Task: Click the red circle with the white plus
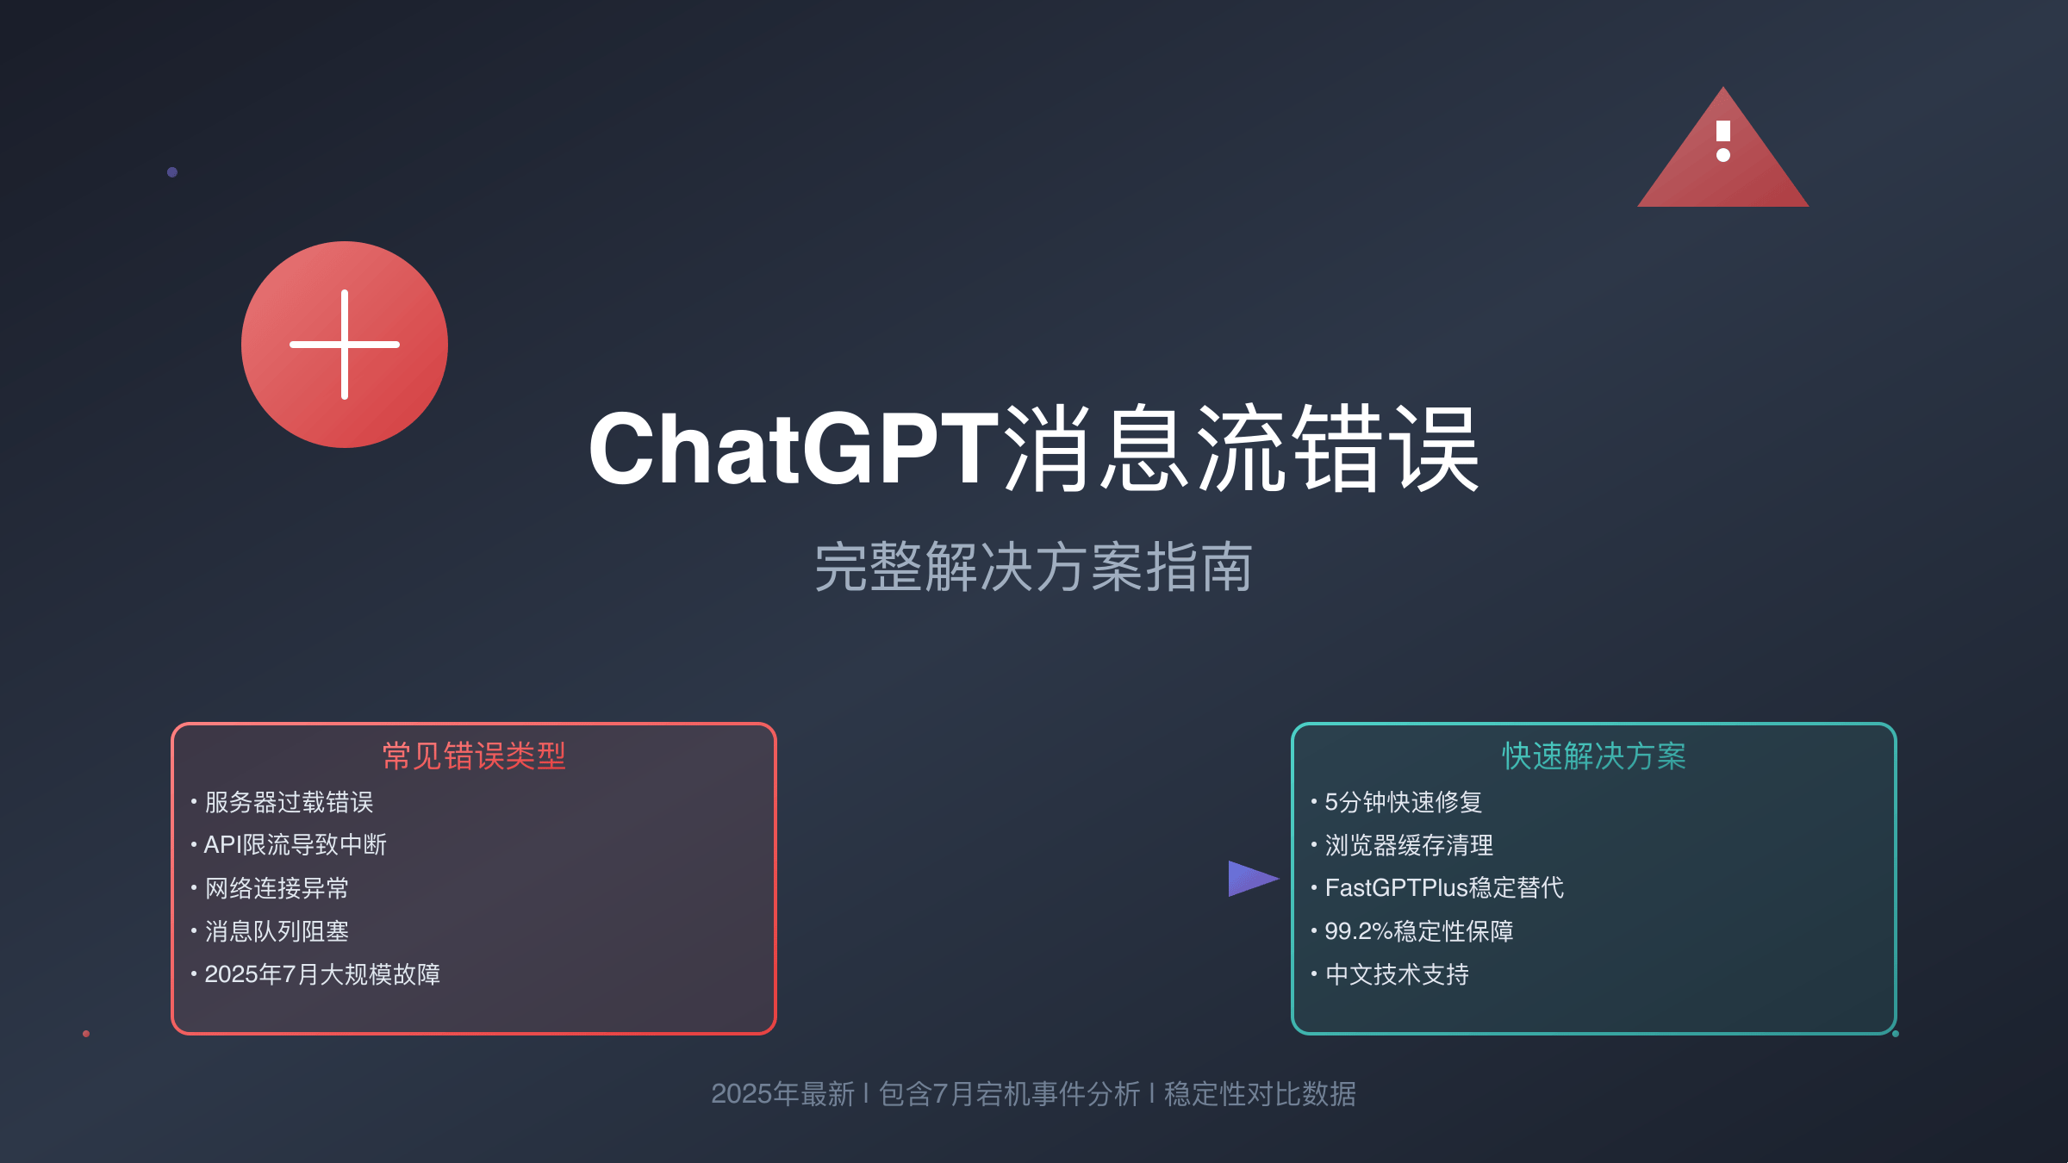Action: (345, 345)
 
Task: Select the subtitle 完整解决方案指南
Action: (1033, 568)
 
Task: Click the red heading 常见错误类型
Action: (474, 756)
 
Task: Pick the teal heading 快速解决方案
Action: (1594, 756)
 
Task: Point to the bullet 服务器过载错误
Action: (289, 802)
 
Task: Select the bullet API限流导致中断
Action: (295, 845)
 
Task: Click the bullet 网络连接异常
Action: (277, 888)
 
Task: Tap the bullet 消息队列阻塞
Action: (277, 931)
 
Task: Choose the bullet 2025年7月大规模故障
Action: (322, 974)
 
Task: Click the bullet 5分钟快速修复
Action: (1403, 802)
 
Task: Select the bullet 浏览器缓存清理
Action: (1409, 845)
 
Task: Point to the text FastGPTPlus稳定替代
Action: (1444, 888)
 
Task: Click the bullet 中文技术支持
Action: (1397, 974)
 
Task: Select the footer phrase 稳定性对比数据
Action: (1260, 1094)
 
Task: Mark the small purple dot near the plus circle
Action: (172, 172)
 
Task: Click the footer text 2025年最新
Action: (782, 1094)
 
